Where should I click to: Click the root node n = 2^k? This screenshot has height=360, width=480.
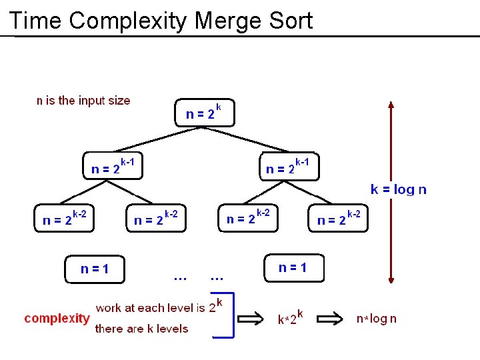click(204, 113)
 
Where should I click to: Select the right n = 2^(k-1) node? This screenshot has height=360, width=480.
click(288, 167)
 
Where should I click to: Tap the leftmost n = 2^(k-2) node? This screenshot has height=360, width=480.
click(64, 217)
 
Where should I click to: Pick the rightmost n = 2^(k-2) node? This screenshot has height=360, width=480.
click(339, 218)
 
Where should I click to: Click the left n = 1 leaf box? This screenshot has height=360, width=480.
click(95, 269)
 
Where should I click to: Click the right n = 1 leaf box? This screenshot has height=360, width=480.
click(293, 267)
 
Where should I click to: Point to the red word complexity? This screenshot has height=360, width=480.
click(57, 318)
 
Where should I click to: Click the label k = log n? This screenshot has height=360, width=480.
click(399, 189)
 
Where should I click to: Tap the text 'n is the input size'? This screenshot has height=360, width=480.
click(83, 101)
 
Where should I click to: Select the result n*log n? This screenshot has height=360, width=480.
click(376, 319)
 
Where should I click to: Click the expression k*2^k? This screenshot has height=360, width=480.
click(291, 318)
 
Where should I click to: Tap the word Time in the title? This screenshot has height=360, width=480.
click(36, 21)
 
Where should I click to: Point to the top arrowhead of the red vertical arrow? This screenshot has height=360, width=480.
click(391, 105)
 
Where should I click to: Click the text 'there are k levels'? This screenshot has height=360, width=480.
click(142, 328)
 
